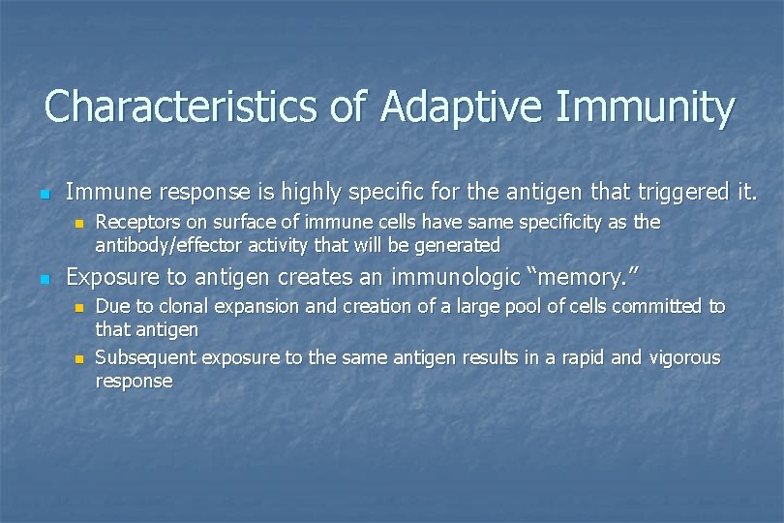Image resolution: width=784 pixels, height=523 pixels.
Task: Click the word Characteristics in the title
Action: click(178, 107)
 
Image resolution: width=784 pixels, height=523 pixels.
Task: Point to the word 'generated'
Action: click(455, 245)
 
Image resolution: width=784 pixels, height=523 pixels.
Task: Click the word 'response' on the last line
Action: click(134, 381)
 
